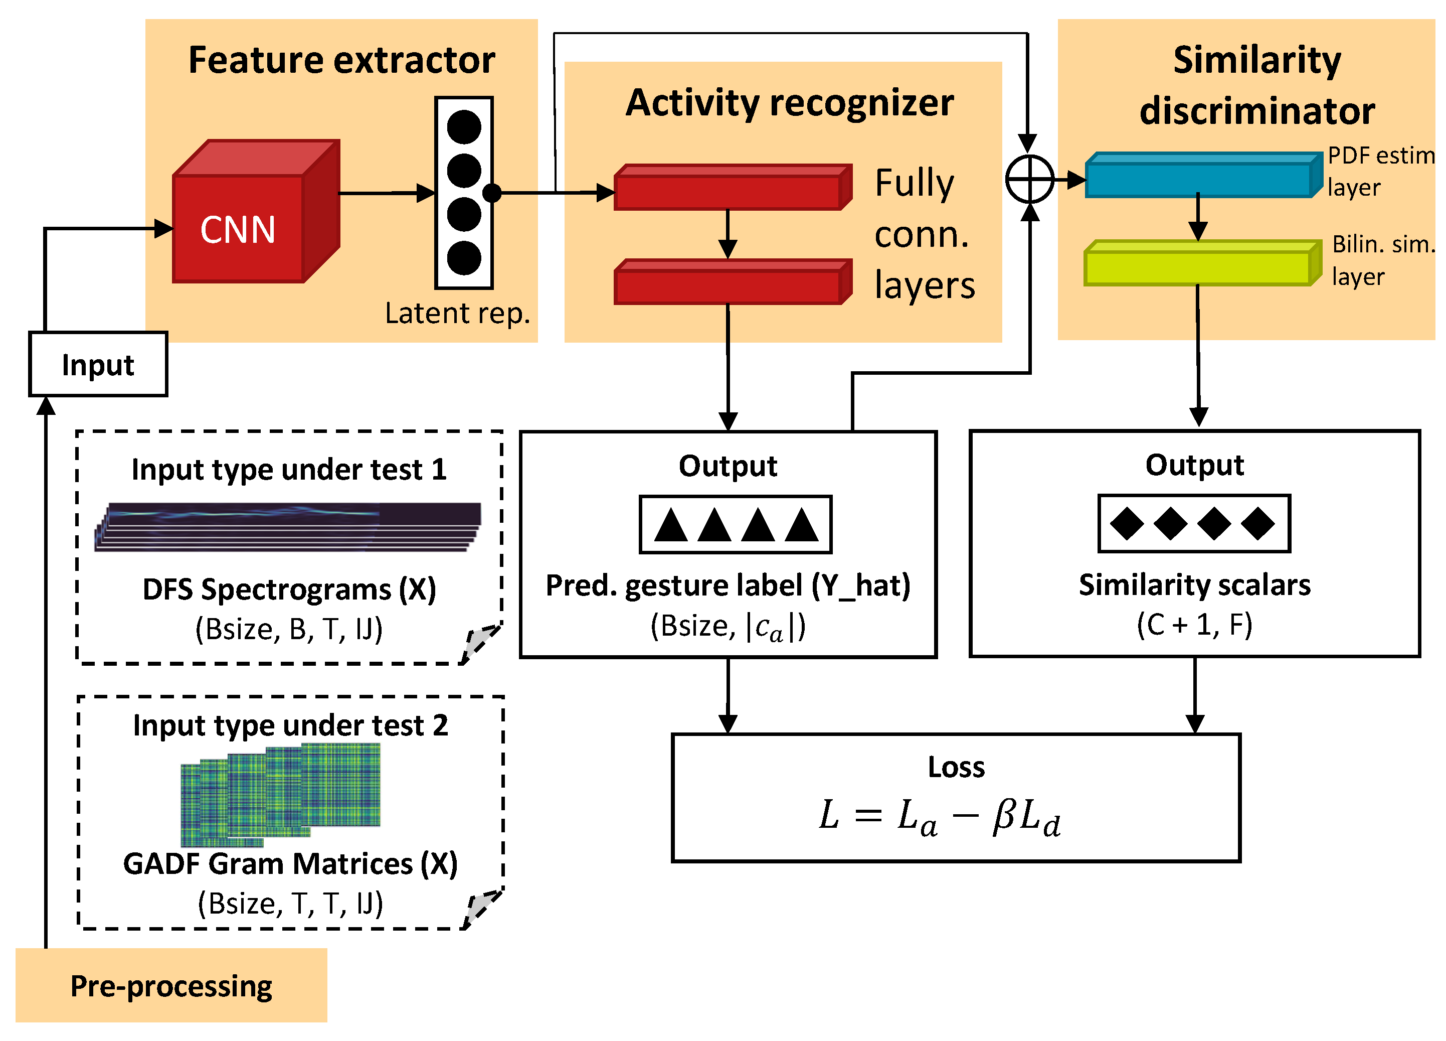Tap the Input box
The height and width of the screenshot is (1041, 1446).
(98, 364)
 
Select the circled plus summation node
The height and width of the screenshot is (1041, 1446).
(1029, 179)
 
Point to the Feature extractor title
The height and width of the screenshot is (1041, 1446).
(342, 61)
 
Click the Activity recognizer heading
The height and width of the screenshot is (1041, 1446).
(789, 103)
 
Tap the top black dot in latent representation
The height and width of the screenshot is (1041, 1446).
(463, 127)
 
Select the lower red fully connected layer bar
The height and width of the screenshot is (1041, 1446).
(730, 284)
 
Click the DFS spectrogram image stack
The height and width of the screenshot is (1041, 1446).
(288, 527)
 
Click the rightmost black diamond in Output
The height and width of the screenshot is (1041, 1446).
(1257, 524)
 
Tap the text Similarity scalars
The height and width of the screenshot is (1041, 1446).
(1194, 585)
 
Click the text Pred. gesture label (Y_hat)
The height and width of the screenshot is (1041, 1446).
(728, 585)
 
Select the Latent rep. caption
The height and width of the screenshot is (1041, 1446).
(458, 313)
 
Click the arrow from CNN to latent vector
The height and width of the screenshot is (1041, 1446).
(386, 193)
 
